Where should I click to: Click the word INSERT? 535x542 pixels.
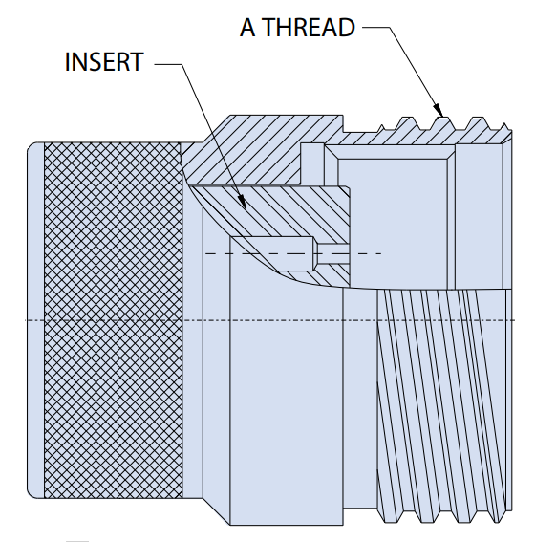click(104, 62)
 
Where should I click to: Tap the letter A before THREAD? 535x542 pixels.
click(247, 28)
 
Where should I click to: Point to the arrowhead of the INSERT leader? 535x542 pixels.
click(242, 203)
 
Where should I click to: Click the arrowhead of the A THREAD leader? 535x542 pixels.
click(438, 110)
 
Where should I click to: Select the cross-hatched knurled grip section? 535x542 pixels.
click(114, 320)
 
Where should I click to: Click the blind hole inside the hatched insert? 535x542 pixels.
click(273, 253)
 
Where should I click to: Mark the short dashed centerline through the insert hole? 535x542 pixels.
click(293, 254)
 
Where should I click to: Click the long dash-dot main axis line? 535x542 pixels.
click(269, 320)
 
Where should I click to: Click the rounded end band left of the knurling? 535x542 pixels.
click(35, 320)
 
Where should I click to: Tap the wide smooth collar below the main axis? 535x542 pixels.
click(287, 404)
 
